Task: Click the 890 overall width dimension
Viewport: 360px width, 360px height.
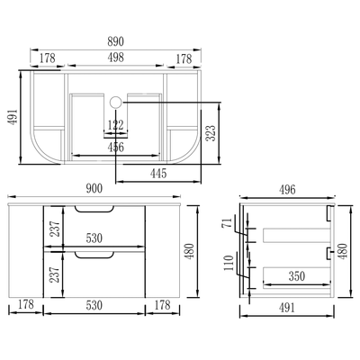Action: (115, 41)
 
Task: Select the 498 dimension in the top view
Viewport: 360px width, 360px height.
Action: (115, 58)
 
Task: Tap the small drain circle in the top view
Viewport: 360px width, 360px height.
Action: (115, 103)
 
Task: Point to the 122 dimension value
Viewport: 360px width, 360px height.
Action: (115, 125)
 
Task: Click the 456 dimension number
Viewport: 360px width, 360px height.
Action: (115, 147)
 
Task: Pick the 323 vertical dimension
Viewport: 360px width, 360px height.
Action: (211, 133)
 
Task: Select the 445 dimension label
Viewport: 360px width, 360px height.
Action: (158, 173)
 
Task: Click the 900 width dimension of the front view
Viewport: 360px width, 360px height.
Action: (94, 189)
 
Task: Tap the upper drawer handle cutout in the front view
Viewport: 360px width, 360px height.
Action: (94, 209)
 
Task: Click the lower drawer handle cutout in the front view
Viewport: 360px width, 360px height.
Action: (94, 255)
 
